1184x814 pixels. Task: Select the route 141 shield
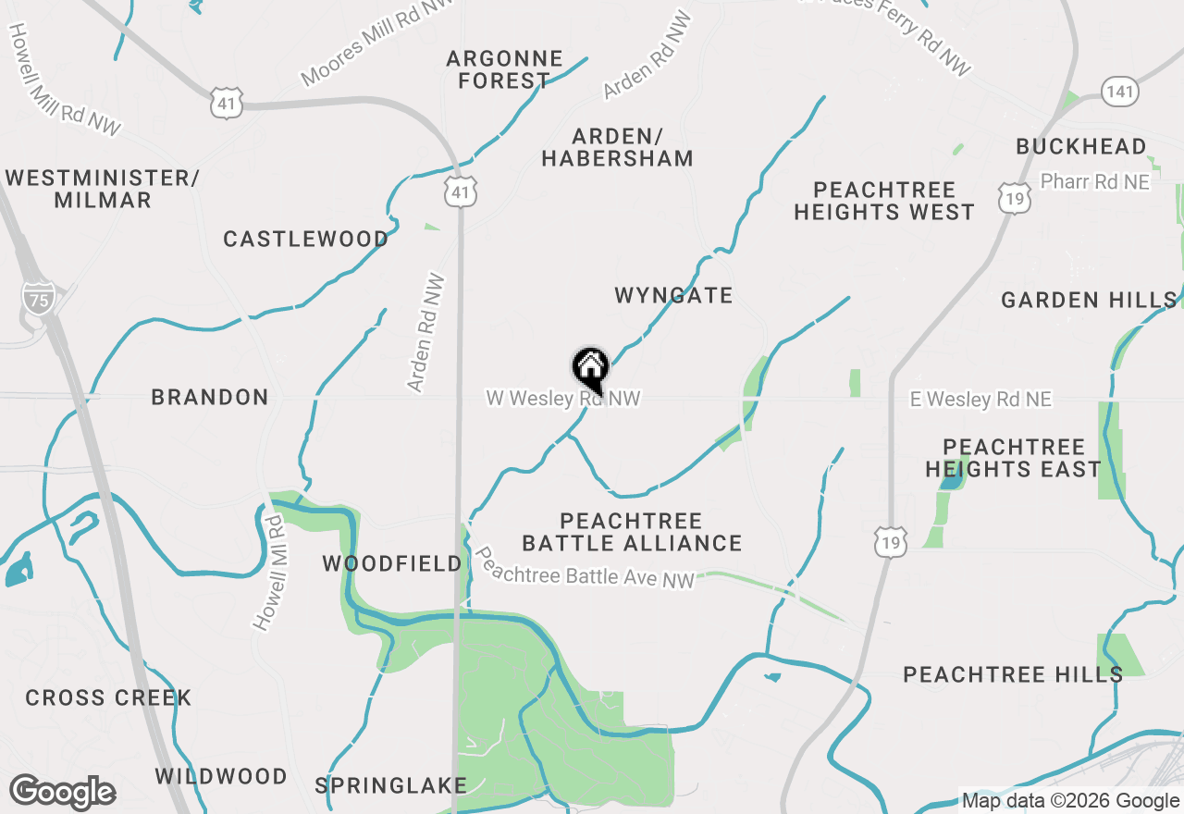1120,91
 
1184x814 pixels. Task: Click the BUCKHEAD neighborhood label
1080,146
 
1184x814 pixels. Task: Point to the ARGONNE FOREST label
504,69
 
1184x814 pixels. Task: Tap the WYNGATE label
673,295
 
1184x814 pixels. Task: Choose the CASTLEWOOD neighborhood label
305,239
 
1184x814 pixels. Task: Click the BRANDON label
210,397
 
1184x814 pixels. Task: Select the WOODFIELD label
392,563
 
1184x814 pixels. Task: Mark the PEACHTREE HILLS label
1013,674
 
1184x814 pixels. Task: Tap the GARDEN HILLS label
1089,300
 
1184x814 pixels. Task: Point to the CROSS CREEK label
108,697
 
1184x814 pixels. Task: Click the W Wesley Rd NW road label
563,399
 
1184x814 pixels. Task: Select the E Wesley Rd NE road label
980,400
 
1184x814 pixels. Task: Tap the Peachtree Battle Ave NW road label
584,566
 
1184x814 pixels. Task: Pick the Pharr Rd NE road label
1095,181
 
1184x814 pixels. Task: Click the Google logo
62,793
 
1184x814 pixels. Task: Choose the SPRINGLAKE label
390,785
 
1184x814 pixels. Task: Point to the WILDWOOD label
221,776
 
